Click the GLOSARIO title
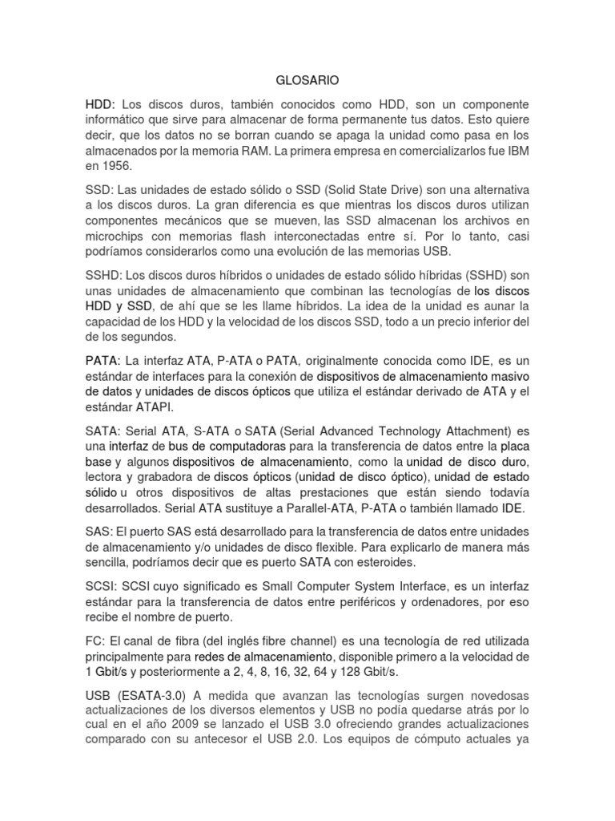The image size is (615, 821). point(307,80)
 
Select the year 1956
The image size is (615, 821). point(126,166)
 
